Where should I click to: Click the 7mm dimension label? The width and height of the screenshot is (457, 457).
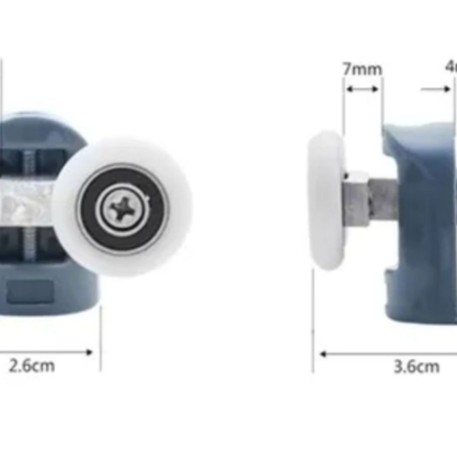coord(362,69)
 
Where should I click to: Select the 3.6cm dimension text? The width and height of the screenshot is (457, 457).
coord(417,367)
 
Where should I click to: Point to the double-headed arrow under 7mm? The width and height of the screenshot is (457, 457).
coord(362,89)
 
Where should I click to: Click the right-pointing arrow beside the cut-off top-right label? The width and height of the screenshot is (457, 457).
coord(436,89)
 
